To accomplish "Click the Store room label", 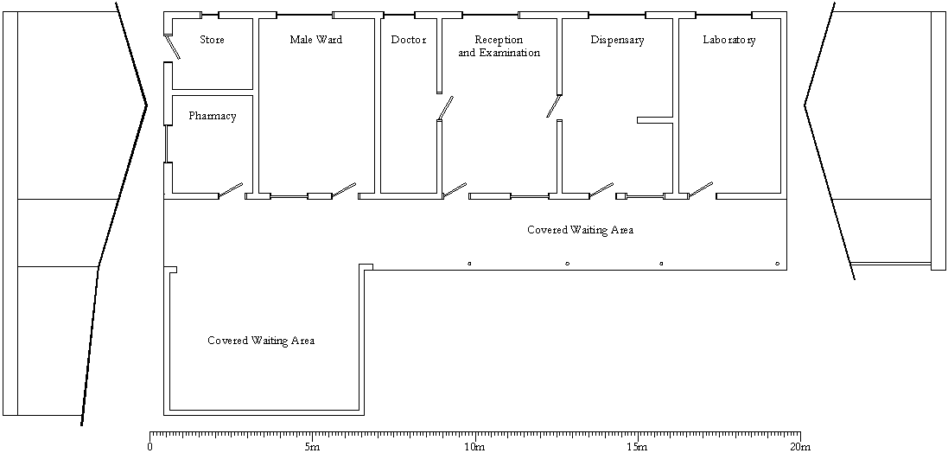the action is (212, 40).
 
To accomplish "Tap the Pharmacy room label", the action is (213, 116).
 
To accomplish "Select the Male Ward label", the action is (315, 40).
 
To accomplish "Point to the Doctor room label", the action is (409, 40).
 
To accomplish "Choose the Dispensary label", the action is (617, 41).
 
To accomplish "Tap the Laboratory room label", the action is (729, 41).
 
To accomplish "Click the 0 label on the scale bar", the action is (150, 447).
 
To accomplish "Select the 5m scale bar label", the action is (313, 447).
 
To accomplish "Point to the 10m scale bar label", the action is (474, 447).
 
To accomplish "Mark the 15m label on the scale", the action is (638, 447).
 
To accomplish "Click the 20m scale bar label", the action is (800, 447).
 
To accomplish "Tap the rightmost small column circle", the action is (778, 264).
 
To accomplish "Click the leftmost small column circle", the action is (469, 264).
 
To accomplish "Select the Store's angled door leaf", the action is (172, 47).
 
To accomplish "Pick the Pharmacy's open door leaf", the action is (231, 189).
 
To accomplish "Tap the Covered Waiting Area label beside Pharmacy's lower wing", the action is (261, 341).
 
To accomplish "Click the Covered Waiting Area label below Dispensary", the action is (581, 230).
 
